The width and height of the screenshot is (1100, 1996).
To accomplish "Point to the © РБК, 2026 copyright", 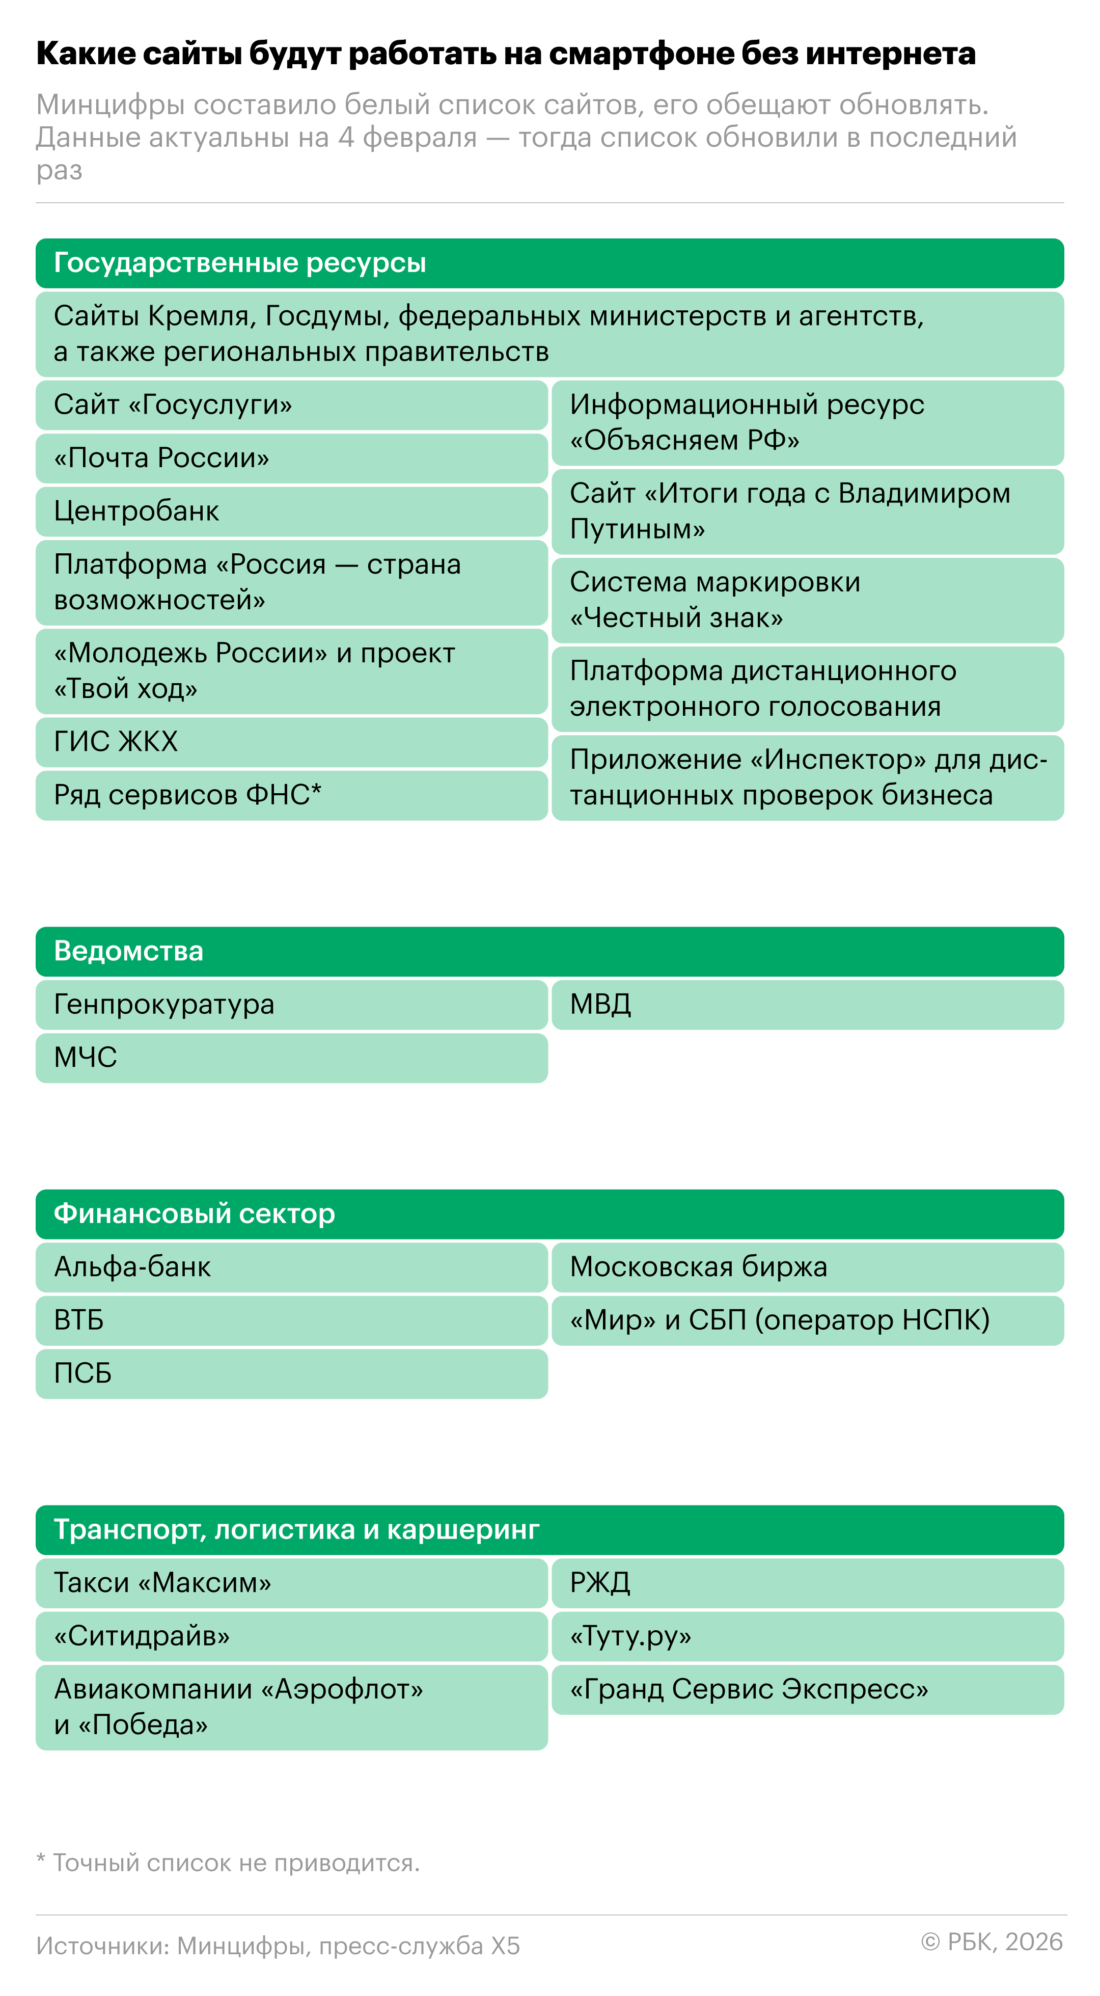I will (x=992, y=1942).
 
